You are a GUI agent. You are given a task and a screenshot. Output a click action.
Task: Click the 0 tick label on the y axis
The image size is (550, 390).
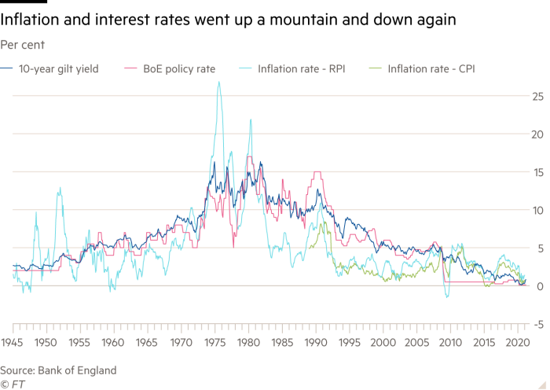pyautogui.click(x=538, y=286)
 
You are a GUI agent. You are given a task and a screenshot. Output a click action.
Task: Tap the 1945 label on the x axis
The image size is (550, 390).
pyautogui.click(x=12, y=343)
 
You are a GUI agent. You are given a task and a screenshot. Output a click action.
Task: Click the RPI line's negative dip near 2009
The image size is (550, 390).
pyautogui.click(x=447, y=297)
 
